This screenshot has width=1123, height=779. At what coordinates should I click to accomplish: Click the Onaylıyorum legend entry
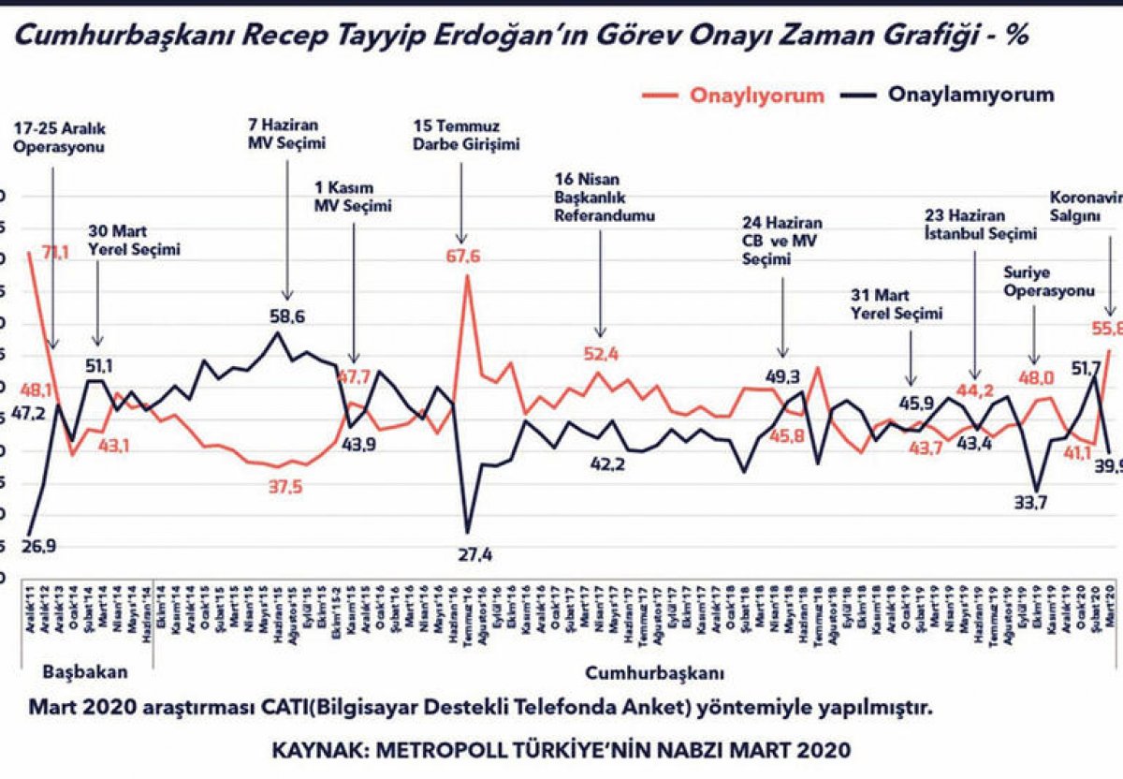coord(757,96)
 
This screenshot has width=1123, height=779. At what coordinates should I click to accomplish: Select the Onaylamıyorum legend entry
coord(970,95)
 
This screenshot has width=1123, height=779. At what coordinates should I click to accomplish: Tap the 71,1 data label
coord(49,253)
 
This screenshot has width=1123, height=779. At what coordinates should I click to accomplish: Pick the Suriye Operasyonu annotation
coord(1048,282)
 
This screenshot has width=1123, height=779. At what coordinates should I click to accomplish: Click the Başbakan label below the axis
coord(85,698)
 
